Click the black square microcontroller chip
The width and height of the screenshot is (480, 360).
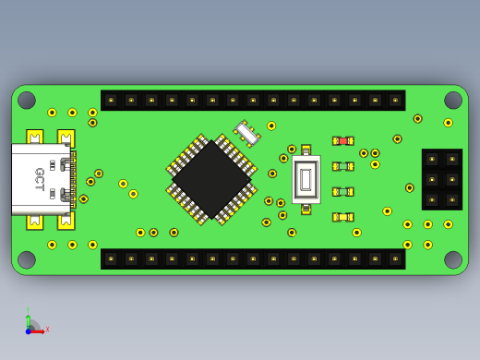coord(211,179)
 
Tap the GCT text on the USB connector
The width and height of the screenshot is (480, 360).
coord(40,179)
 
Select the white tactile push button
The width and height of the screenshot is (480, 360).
coord(306,179)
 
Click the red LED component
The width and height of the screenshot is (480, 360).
coord(342,141)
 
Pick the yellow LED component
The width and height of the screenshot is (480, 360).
coord(342,217)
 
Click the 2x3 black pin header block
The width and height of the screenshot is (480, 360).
coord(441,179)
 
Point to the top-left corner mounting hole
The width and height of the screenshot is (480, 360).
coord(27,100)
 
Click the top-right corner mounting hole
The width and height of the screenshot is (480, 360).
coord(453,100)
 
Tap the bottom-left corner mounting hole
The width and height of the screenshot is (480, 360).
coord(27,259)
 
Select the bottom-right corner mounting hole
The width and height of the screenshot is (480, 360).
coord(453,259)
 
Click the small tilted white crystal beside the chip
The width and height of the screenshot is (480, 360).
coord(246,134)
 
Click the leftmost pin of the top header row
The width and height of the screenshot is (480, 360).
coord(111,100)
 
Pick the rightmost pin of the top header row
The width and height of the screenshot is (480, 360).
coord(395,100)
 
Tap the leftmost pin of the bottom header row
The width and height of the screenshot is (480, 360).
coord(111,259)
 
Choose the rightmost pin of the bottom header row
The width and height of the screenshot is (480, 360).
coord(395,259)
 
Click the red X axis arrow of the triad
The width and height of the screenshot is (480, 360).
coord(40,330)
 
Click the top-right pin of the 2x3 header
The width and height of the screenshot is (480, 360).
coord(451,159)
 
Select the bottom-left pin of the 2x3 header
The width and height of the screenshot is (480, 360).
coord(431,199)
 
